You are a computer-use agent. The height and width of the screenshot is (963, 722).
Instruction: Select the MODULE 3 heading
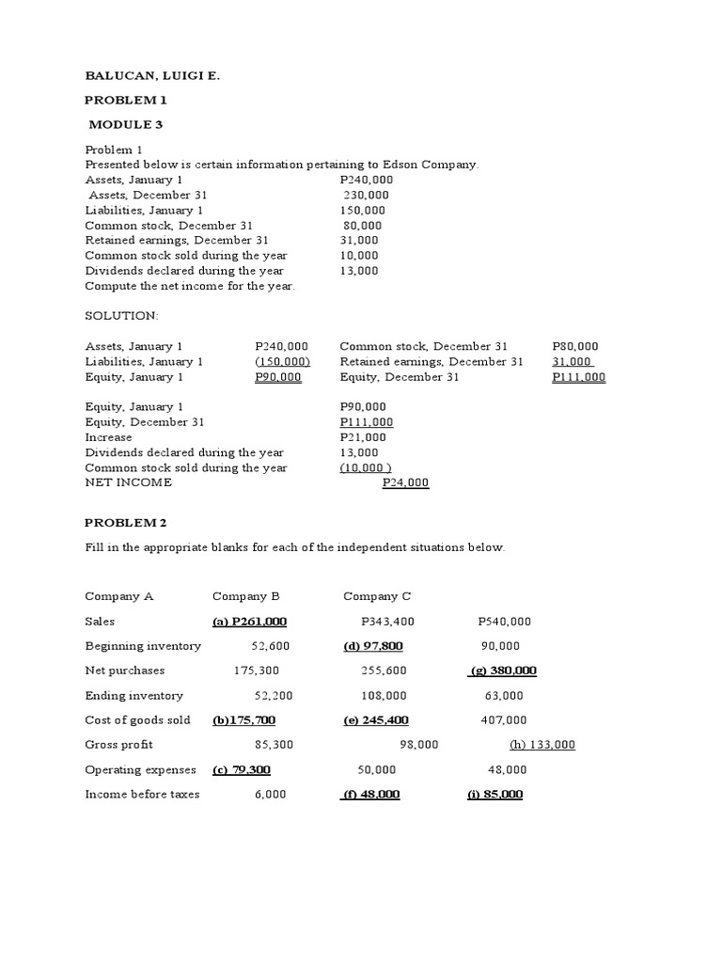(x=129, y=124)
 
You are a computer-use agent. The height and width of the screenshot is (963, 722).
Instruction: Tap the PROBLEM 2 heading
(x=125, y=522)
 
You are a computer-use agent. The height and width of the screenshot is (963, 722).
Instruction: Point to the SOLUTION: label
(x=122, y=315)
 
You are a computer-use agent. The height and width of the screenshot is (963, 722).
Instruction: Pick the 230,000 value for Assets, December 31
(x=366, y=195)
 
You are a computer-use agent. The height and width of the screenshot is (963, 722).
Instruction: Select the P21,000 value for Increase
(x=363, y=437)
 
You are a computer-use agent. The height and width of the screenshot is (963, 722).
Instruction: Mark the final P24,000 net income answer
(x=405, y=482)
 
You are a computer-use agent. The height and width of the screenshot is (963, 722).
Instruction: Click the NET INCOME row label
(x=129, y=482)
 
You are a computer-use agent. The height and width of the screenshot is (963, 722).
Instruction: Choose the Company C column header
(x=377, y=596)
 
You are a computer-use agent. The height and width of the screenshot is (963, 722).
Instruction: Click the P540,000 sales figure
(x=505, y=622)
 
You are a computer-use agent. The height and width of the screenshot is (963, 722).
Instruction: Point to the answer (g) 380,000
(x=502, y=671)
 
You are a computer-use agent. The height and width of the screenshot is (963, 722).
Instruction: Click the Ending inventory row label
(x=134, y=696)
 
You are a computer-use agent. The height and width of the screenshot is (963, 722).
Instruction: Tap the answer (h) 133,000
(x=542, y=745)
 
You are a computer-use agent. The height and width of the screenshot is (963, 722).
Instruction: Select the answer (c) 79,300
(x=242, y=769)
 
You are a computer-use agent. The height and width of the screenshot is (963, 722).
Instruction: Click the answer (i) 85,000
(x=495, y=795)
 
